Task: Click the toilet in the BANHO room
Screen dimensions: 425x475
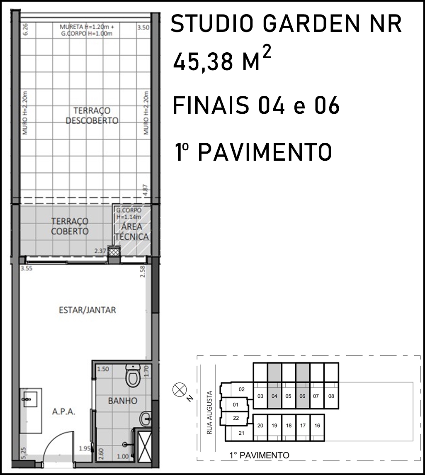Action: tap(133, 376)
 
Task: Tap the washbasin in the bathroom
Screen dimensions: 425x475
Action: tap(146, 419)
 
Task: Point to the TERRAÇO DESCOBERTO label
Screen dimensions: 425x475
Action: tap(92, 115)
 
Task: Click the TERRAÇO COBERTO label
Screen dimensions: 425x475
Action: tap(70, 226)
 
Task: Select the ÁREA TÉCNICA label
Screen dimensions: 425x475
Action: tap(132, 231)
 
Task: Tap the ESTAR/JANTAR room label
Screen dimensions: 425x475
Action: tap(87, 310)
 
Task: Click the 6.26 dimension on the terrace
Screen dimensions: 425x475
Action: tap(25, 29)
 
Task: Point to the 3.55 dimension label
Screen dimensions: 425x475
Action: tap(27, 268)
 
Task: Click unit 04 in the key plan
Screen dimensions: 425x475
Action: tap(274, 396)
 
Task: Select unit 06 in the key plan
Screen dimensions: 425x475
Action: tap(303, 396)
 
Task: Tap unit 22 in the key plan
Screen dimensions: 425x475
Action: tap(236, 418)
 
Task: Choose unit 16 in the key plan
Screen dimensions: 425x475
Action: tap(317, 425)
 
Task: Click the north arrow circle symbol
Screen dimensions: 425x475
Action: tap(177, 389)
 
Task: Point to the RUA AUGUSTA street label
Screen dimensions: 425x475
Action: tap(210, 413)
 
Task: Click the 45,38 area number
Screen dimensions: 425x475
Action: tap(203, 61)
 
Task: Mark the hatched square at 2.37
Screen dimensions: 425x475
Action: tap(114, 251)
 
